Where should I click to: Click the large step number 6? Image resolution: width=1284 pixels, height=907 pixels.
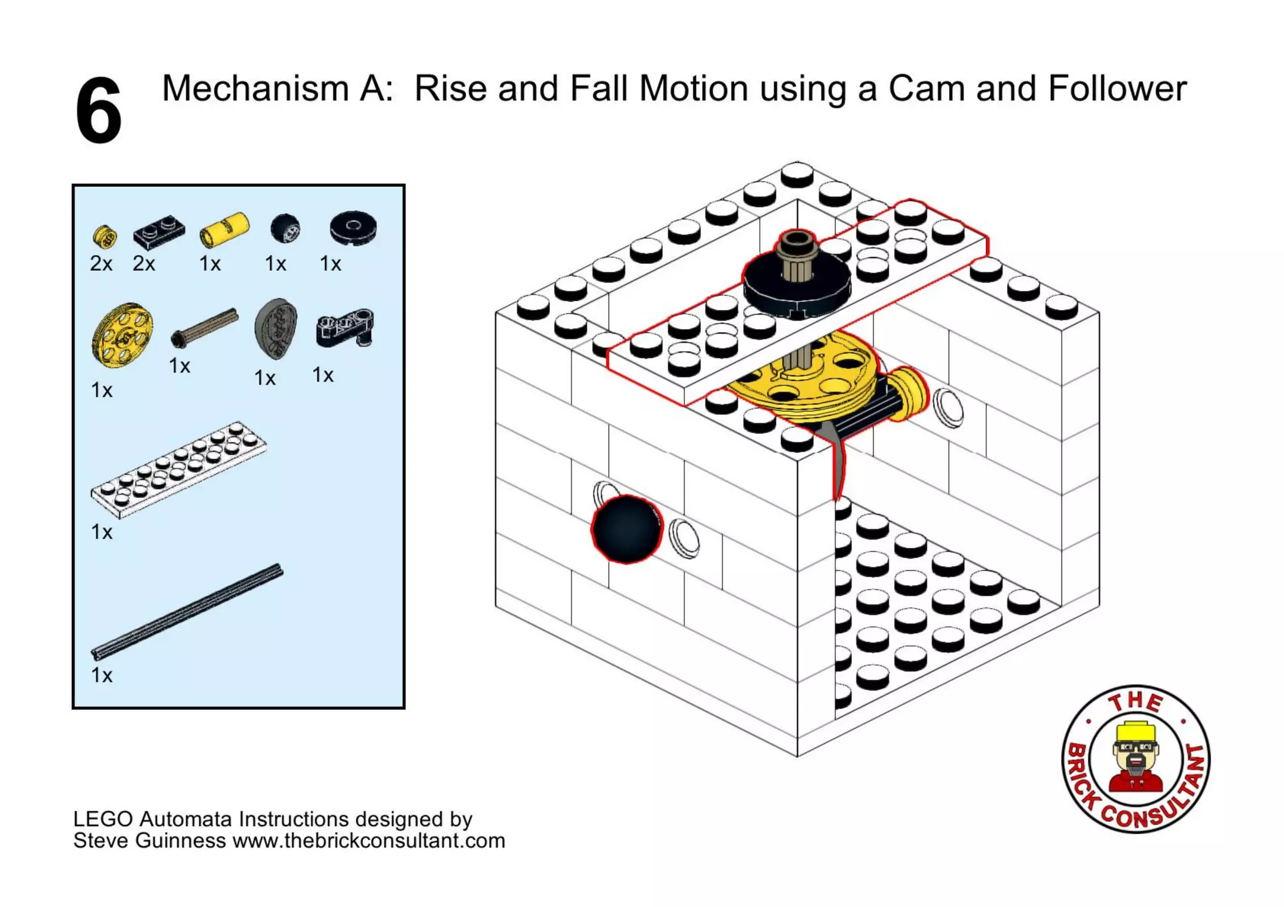point(98,111)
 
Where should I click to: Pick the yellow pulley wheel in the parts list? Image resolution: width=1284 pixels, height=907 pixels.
point(122,335)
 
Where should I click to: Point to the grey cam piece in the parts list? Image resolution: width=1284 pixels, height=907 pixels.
point(276,328)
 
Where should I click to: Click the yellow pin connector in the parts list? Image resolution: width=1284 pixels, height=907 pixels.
point(224,229)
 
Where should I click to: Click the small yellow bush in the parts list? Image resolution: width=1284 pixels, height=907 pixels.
point(105,236)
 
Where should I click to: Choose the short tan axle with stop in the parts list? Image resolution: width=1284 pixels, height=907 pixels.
point(204,327)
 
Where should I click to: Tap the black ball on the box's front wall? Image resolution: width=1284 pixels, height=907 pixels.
point(626,529)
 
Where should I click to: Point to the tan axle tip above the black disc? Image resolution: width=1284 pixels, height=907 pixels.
point(796,241)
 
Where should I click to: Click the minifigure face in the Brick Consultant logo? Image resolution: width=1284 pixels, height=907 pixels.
point(1135,752)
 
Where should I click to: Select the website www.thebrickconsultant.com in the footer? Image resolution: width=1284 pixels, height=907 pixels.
point(369,841)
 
